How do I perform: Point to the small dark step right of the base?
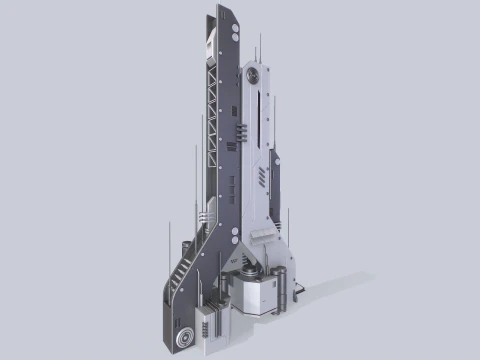[299, 290]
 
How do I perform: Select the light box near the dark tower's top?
[208, 45]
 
